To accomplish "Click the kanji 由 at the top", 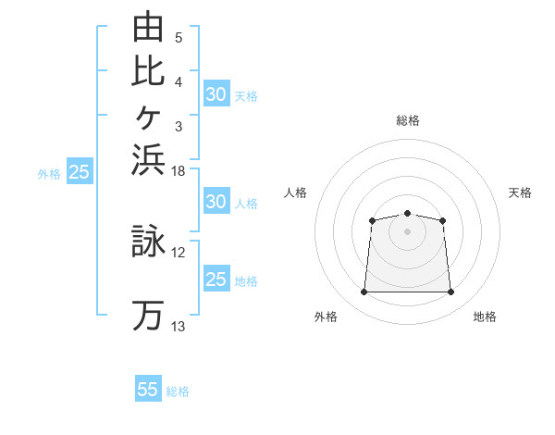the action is [x=148, y=26].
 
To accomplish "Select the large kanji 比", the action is [x=148, y=72].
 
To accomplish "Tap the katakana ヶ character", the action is [x=148, y=118].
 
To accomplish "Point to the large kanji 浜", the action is [x=148, y=160].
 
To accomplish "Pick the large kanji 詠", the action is [x=148, y=241].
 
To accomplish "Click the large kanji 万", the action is [x=148, y=316].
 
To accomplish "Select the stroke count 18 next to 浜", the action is [x=178, y=171].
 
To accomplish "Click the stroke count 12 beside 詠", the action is [x=178, y=253].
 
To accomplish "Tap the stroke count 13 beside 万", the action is [x=178, y=326].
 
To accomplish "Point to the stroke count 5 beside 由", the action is [x=179, y=38].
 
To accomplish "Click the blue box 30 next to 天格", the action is [x=216, y=93].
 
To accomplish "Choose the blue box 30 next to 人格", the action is [x=216, y=201].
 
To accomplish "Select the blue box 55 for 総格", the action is [x=148, y=388].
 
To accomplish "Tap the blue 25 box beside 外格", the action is [x=80, y=170].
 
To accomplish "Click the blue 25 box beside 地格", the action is [x=216, y=278].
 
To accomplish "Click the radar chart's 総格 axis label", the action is [x=408, y=120].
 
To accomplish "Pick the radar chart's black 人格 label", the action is [x=295, y=193].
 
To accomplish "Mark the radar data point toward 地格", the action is [x=450, y=292].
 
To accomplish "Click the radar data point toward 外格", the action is [x=364, y=292].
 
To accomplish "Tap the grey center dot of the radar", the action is [x=407, y=231].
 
